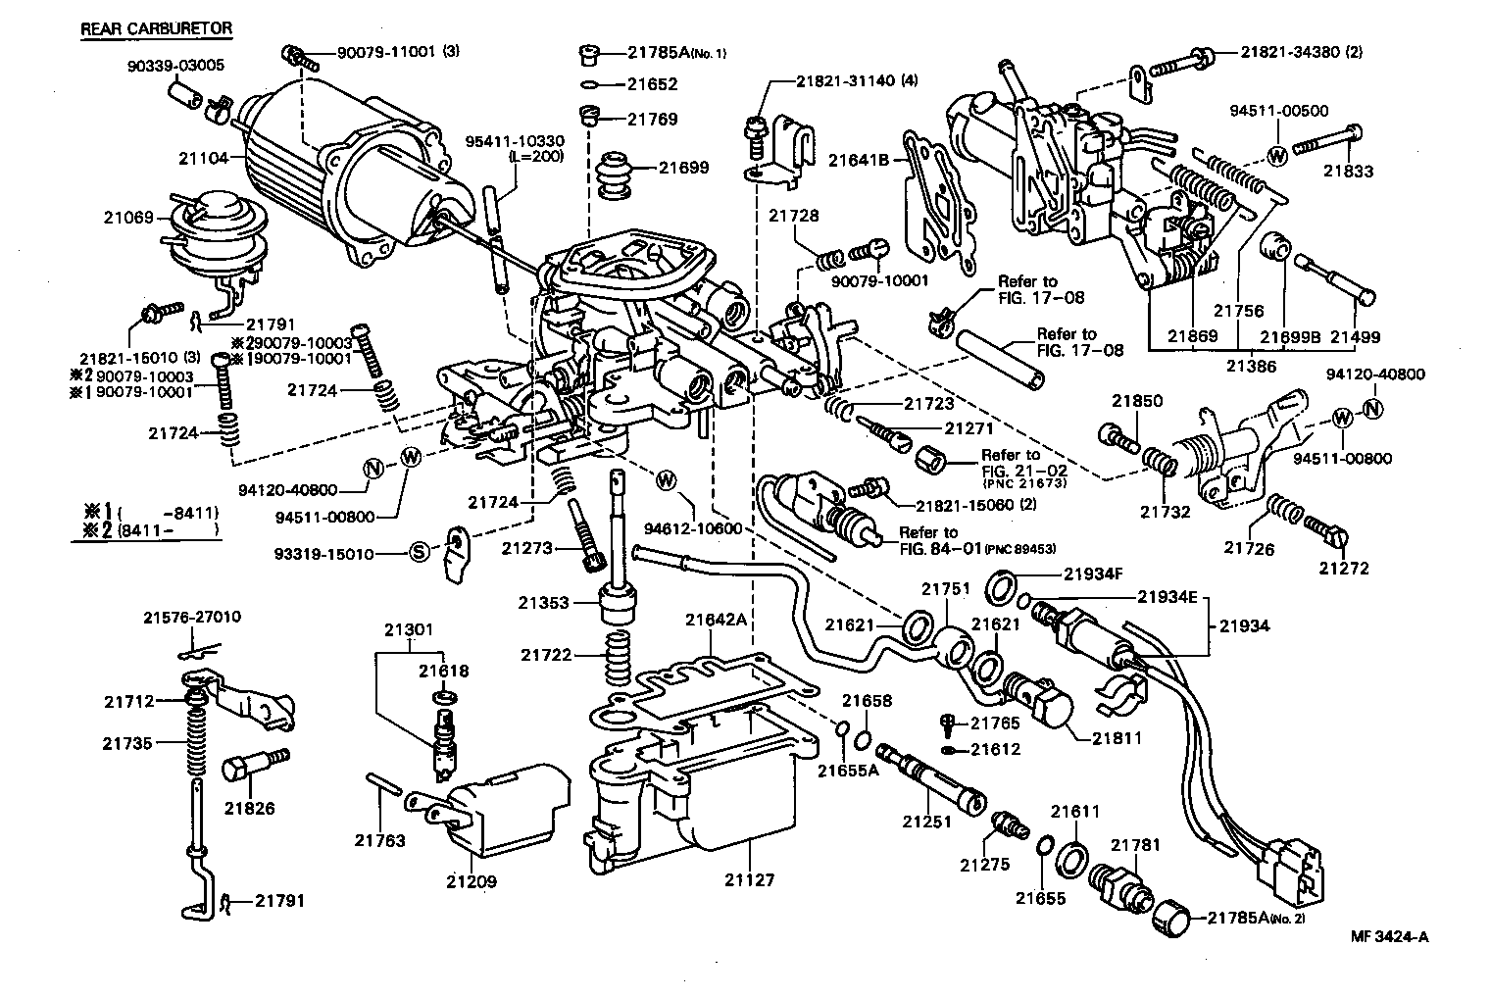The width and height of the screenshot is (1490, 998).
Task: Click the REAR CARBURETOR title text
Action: click(156, 27)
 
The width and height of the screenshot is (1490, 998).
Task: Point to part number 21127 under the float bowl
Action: click(750, 879)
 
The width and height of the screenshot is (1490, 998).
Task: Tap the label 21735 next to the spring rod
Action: click(128, 743)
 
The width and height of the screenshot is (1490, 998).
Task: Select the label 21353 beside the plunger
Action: click(544, 602)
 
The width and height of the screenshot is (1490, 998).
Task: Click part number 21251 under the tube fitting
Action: click(927, 823)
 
